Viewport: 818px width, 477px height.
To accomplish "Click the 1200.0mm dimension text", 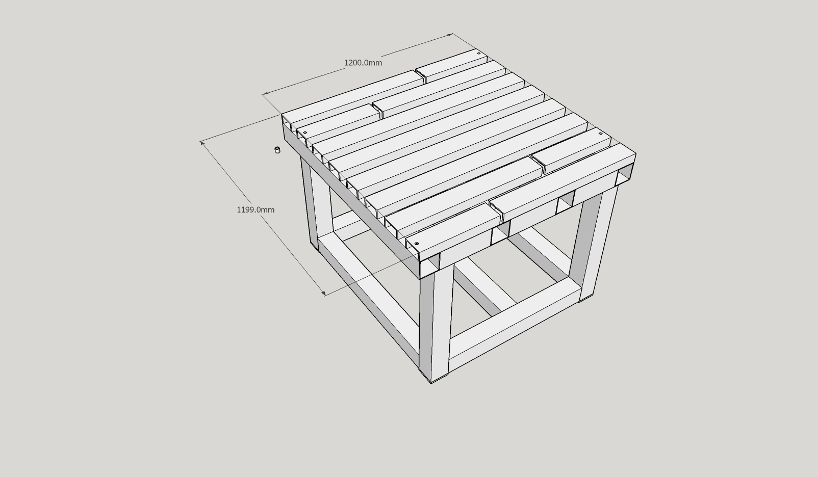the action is tap(363, 63).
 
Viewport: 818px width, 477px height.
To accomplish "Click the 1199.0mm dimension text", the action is tap(255, 210).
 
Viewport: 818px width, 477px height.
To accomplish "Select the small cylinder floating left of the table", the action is tap(277, 150).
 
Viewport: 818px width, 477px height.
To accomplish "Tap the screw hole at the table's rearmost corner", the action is tap(479, 54).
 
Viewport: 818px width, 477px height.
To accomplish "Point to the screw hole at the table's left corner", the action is tap(305, 132).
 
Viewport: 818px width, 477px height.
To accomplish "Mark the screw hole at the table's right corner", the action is tap(601, 134).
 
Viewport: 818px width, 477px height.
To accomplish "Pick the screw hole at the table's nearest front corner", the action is tap(417, 244).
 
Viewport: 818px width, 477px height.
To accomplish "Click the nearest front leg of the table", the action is tap(436, 321).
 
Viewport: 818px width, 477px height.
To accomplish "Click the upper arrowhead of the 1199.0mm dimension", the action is tap(202, 143).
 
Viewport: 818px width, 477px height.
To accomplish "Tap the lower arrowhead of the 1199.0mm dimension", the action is tap(323, 293).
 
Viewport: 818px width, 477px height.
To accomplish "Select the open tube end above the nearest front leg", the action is tap(429, 267).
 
